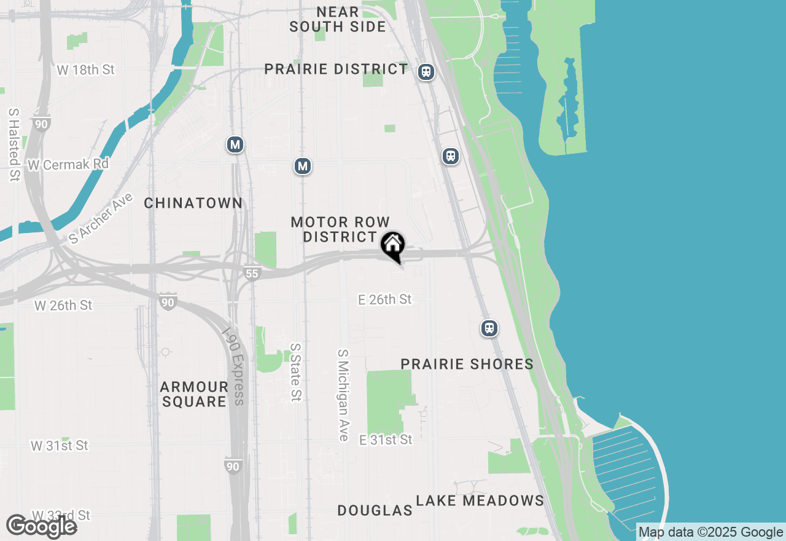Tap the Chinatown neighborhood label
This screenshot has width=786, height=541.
click(193, 203)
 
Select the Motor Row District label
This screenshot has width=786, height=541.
click(340, 229)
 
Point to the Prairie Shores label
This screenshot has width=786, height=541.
click(467, 364)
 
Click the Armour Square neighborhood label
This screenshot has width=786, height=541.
click(194, 394)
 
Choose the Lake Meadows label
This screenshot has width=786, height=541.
click(480, 500)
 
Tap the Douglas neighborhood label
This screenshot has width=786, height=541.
click(375, 510)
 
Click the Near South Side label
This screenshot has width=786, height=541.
click(338, 19)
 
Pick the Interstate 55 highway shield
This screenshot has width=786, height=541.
click(252, 273)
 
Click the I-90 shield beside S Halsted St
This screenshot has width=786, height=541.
click(41, 124)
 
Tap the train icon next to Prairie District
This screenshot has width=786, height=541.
click(426, 72)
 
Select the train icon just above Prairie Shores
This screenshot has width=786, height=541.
click(489, 328)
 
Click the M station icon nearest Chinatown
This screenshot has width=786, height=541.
click(235, 145)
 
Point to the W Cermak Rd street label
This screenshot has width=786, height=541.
click(68, 164)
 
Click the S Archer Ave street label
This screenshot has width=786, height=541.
click(101, 219)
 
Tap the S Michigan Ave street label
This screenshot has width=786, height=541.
click(343, 395)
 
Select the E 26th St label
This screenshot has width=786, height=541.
click(385, 299)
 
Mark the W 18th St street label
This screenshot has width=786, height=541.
click(85, 69)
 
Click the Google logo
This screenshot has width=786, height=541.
click(42, 526)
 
